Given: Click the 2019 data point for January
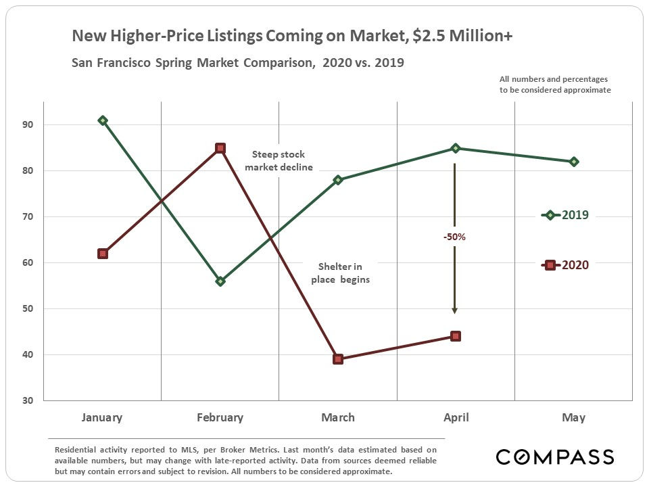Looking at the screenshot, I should point(103,120).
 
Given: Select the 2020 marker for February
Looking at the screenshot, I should point(220,148).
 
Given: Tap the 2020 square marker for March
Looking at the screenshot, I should point(338,358).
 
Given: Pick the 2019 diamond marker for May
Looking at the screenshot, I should point(573,162).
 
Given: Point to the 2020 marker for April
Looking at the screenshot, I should point(456,336).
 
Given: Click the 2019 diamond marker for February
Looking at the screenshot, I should point(220,281).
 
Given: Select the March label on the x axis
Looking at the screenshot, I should point(338,417).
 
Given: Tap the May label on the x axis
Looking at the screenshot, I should point(573,417).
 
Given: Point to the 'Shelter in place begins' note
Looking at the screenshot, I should point(340,273).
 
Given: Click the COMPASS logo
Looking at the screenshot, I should point(554,457).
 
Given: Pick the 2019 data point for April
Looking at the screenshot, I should point(456,148).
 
